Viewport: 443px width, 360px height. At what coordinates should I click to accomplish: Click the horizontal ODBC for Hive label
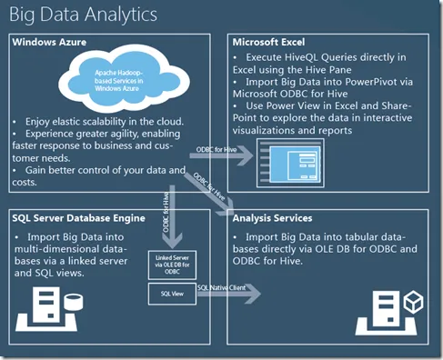coord(216,148)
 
